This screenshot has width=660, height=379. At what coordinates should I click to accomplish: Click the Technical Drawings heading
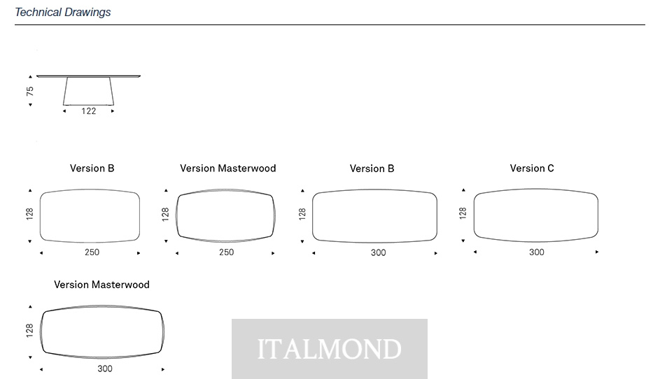(63, 12)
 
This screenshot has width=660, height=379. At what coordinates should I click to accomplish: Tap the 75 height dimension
(29, 91)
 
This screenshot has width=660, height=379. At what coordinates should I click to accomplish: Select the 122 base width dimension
(89, 111)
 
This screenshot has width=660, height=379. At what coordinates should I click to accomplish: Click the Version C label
(532, 169)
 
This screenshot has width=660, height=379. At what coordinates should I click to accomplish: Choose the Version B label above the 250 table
(92, 169)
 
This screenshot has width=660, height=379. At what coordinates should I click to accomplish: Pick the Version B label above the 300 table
(372, 169)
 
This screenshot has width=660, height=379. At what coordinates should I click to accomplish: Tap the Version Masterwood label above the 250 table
(228, 169)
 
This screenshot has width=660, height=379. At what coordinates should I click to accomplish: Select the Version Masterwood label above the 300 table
(102, 285)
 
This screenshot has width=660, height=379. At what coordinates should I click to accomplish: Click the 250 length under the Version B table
(92, 252)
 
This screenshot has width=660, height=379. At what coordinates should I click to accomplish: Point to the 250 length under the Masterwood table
(227, 252)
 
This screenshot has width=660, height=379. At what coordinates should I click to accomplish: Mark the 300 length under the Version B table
(379, 253)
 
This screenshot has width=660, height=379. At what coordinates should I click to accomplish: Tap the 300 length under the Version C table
(537, 252)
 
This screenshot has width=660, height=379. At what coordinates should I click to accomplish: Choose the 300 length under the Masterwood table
(105, 369)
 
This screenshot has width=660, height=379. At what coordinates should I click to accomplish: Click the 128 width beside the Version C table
(463, 213)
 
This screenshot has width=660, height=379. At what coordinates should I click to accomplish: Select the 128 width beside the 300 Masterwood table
(29, 330)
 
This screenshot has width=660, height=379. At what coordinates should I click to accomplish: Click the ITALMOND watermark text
(329, 349)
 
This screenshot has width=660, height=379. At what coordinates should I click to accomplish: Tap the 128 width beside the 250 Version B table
(29, 214)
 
